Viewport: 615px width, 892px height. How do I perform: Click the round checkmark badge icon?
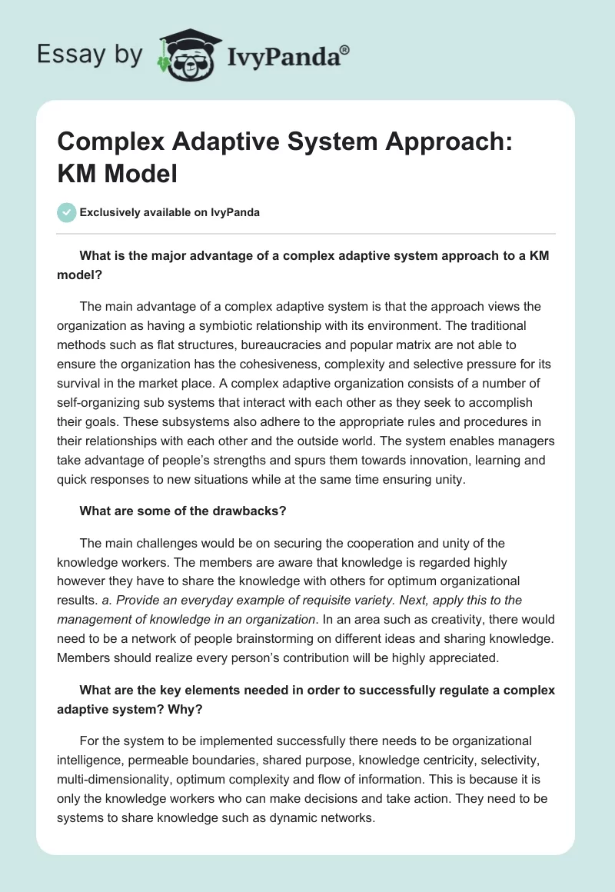67,212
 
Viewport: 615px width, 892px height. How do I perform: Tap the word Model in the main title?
141,174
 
